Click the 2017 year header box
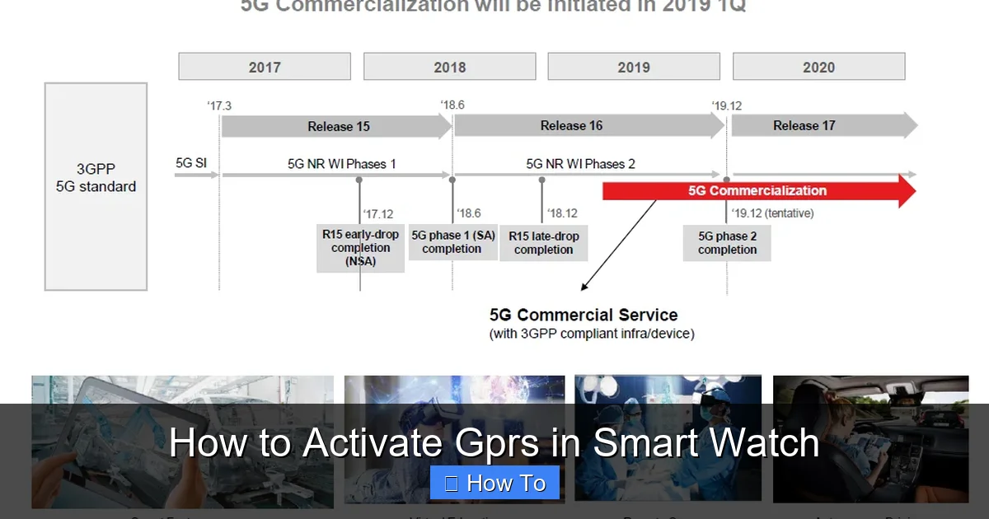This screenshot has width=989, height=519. click(x=265, y=67)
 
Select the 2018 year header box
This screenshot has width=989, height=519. click(x=449, y=67)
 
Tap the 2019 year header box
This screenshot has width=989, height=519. click(x=634, y=67)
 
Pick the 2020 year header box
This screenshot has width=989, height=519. click(x=818, y=67)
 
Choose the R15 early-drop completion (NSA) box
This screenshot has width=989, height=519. click(x=360, y=247)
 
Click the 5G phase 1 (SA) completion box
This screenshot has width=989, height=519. click(x=452, y=241)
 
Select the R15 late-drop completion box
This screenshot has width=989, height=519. click(x=543, y=242)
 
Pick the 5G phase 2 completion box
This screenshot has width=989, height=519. click(x=727, y=242)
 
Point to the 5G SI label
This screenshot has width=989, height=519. click(x=191, y=163)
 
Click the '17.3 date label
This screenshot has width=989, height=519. click(x=219, y=105)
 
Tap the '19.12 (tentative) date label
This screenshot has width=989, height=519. click(x=773, y=213)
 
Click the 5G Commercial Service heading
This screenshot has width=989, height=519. click(x=584, y=315)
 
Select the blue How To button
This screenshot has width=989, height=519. click(x=494, y=483)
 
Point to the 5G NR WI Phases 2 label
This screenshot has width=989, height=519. click(x=580, y=164)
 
